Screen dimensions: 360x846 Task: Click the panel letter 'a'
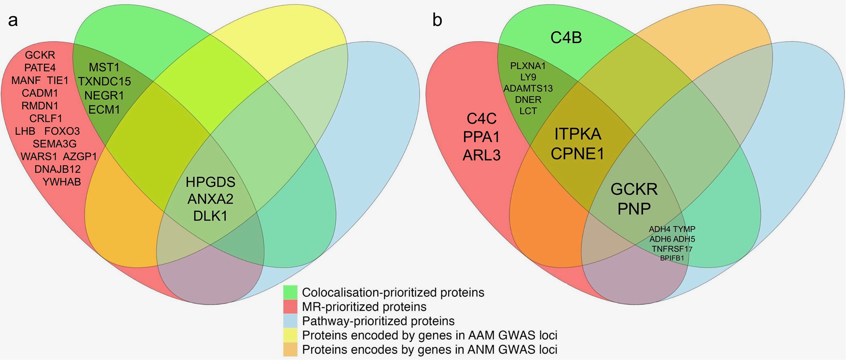(13, 21)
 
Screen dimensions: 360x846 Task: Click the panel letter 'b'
(437, 20)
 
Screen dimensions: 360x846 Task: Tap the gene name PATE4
(40, 68)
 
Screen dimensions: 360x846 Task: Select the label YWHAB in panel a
(62, 182)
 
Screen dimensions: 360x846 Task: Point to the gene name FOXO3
(62, 131)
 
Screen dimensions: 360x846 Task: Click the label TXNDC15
(104, 82)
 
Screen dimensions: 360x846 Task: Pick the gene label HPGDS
(210, 182)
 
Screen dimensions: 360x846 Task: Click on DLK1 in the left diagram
(210, 216)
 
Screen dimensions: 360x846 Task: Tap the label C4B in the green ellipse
(566, 38)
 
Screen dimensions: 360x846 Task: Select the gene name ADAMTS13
(528, 88)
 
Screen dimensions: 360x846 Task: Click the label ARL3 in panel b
(481, 155)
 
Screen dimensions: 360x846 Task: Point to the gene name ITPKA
(578, 133)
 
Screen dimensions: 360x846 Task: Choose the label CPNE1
(578, 154)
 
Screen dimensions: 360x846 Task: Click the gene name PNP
(634, 208)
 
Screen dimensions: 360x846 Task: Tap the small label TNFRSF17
(672, 249)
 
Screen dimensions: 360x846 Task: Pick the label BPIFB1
(672, 258)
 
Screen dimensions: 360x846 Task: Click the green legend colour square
(290, 292)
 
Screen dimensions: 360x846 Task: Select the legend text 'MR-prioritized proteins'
(364, 307)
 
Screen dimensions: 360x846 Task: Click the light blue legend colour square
(290, 321)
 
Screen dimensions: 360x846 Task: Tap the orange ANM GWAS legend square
(290, 349)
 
